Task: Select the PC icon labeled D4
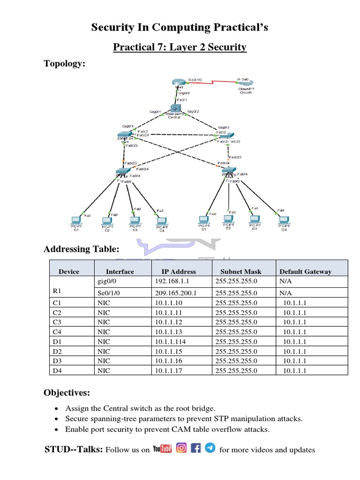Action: pyautogui.click(x=283, y=220)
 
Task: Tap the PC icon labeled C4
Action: pyautogui.click(x=161, y=220)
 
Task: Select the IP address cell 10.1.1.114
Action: pyautogui.click(x=170, y=342)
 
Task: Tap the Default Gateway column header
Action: pyautogui.click(x=305, y=271)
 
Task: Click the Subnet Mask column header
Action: pyautogui.click(x=240, y=271)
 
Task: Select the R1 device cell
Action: pyautogui.click(x=57, y=291)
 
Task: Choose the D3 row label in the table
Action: pyautogui.click(x=57, y=361)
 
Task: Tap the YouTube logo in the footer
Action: pyautogui.click(x=162, y=450)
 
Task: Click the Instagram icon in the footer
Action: pyautogui.click(x=181, y=449)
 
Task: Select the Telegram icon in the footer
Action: pyautogui.click(x=210, y=449)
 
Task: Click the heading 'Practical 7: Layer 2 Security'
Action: pyautogui.click(x=180, y=47)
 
